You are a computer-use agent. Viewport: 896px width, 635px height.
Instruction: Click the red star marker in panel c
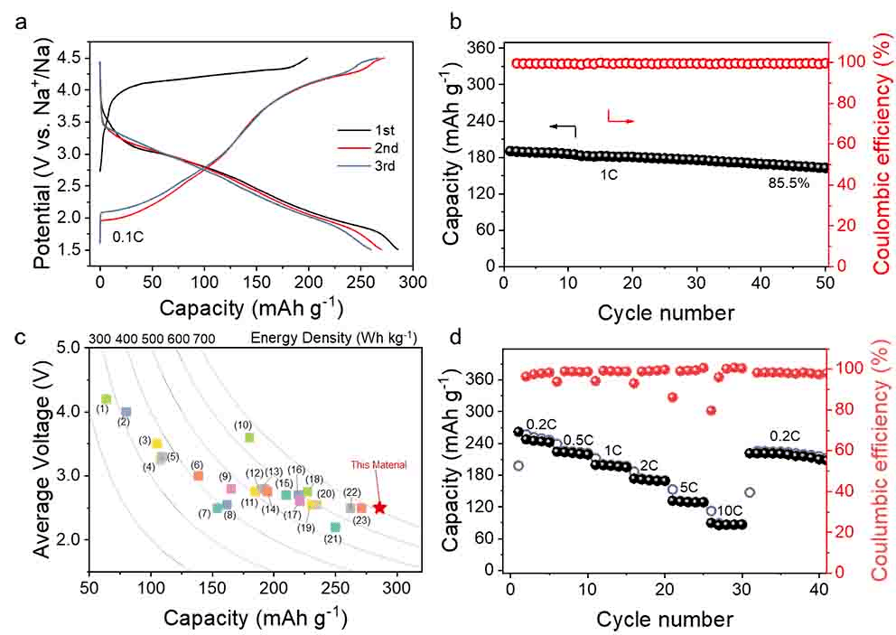click(379, 509)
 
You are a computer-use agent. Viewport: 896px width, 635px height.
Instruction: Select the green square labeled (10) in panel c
click(249, 437)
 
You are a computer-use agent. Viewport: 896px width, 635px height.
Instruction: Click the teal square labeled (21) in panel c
click(335, 527)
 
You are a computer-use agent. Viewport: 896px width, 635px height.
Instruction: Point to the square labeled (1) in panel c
click(106, 398)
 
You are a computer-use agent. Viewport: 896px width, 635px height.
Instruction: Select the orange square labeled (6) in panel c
click(198, 475)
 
